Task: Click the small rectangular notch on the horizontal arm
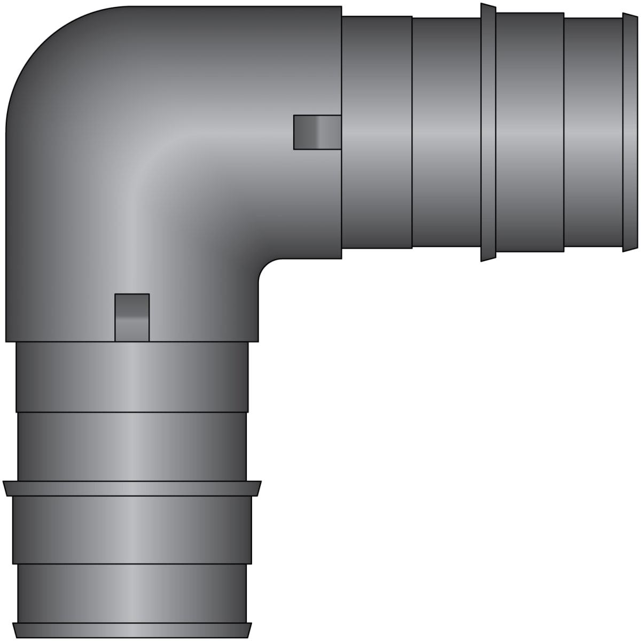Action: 317,132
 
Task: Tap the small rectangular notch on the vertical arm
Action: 132,317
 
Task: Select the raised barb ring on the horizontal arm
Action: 488,132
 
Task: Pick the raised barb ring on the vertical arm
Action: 132,488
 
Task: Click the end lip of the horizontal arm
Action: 630,132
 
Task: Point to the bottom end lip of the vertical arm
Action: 132,630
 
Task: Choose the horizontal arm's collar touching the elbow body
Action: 377,132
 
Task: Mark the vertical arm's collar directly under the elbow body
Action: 132,377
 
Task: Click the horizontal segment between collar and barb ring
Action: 447,132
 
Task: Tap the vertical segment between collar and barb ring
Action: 132,447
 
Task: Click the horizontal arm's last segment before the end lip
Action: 593,132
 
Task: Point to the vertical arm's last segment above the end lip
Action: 132,593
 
